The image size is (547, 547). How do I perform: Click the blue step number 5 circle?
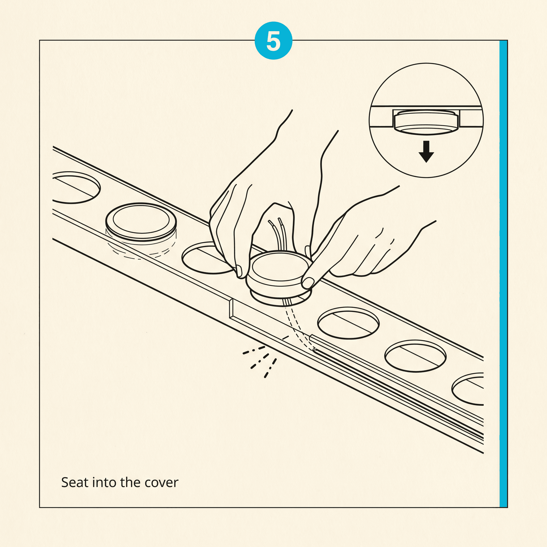point(273,41)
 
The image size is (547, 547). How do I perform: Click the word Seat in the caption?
point(75,482)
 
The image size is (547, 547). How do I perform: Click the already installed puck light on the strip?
point(141,222)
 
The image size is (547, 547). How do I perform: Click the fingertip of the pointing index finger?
point(308,282)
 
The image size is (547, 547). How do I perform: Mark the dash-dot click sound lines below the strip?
point(260,361)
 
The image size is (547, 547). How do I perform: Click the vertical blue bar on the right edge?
point(503,273)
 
